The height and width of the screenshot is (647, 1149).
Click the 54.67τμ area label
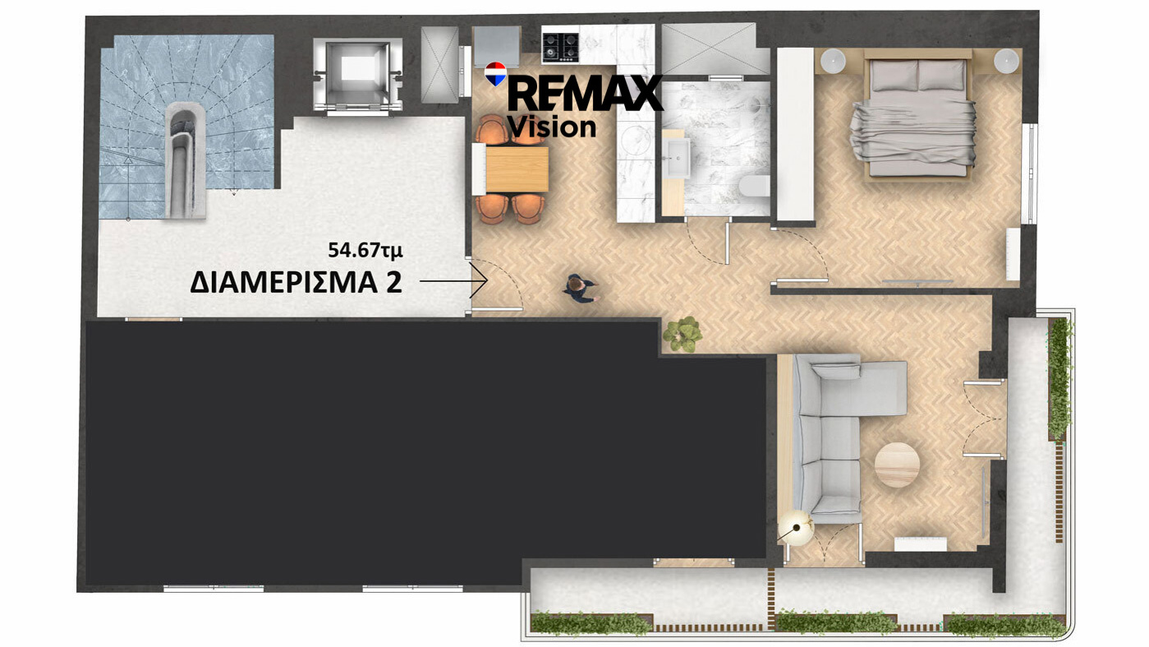coord(365,251)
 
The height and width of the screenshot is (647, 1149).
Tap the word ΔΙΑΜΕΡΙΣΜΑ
coord(283,283)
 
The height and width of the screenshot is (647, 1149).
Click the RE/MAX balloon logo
coord(495,74)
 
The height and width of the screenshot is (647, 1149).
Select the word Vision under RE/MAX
coord(553,127)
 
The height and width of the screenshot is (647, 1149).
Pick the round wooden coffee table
coord(897,464)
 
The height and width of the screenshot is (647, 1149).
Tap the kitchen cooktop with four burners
coord(561,48)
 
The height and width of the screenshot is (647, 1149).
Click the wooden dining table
coord(517,169)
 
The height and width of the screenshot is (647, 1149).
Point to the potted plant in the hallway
coord(682,335)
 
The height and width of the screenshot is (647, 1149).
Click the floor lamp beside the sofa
coord(796,527)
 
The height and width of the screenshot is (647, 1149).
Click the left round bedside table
coord(833,62)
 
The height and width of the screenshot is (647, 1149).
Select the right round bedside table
coord(1006,62)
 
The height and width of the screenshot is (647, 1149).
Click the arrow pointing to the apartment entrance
coord(453,281)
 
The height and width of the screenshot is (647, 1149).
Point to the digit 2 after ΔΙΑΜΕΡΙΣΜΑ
coord(393,283)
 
